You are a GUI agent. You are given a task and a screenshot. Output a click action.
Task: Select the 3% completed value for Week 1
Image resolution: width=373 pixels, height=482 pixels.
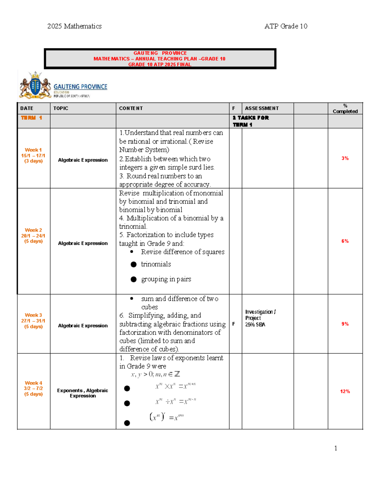[345, 158]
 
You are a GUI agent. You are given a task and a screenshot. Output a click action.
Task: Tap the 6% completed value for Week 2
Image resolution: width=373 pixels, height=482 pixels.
[345, 241]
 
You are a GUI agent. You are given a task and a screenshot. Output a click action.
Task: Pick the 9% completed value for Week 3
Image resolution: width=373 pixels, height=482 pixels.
[345, 324]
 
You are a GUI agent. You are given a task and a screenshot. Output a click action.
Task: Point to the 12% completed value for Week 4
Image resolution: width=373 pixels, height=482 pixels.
[345, 392]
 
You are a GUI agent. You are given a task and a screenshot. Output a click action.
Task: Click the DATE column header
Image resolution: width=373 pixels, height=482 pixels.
[27, 108]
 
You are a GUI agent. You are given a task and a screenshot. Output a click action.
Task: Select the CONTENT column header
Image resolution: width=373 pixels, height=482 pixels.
[131, 108]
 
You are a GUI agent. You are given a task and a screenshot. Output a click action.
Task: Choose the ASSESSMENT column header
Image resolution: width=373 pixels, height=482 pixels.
[262, 108]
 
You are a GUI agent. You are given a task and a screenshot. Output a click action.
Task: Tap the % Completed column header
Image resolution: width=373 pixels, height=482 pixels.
[345, 109]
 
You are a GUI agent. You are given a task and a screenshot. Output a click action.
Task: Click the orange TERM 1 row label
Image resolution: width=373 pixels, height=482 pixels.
[31, 118]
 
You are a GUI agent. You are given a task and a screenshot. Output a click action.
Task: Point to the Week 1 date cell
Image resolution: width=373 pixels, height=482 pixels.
[33, 155]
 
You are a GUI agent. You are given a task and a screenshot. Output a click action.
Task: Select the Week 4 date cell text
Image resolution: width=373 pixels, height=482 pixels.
[33, 389]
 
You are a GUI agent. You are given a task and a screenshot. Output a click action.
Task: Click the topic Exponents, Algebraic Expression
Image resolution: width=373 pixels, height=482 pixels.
[83, 393]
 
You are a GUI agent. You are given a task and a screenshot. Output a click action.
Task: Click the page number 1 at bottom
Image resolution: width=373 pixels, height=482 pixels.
[335, 448]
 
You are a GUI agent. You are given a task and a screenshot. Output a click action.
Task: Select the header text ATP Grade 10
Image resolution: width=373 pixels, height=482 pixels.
[286, 26]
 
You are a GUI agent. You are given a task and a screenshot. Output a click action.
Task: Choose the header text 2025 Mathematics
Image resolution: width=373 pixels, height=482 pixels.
[74, 26]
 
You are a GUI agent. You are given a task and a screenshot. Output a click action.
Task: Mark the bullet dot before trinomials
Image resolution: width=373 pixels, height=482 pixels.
[134, 264]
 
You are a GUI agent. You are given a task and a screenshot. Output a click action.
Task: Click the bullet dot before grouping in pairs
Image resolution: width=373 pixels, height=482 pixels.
[134, 279]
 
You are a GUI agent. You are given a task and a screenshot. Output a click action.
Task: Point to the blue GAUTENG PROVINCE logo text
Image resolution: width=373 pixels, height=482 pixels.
[80, 87]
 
